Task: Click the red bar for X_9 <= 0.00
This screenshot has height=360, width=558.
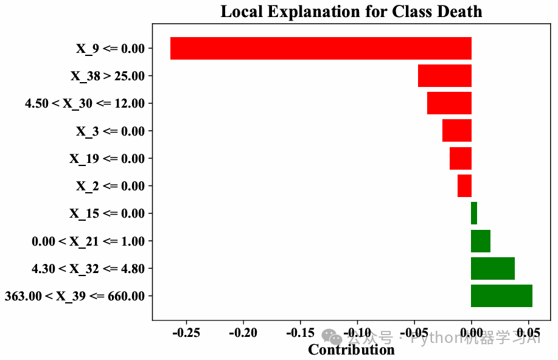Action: pyautogui.click(x=321, y=49)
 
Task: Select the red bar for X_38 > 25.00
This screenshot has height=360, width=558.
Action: pyautogui.click(x=445, y=76)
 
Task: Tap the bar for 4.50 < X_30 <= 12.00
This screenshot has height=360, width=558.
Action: pyautogui.click(x=449, y=103)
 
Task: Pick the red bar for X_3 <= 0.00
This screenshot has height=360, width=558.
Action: pyautogui.click(x=457, y=131)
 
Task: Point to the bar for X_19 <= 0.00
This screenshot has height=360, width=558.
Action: pyautogui.click(x=461, y=159)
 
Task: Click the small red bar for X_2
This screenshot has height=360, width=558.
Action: pyautogui.click(x=464, y=186)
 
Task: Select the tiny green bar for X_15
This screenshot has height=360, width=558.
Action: pyautogui.click(x=474, y=213)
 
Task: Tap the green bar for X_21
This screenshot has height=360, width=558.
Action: pyautogui.click(x=481, y=241)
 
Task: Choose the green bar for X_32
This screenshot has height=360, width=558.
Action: pyautogui.click(x=493, y=268)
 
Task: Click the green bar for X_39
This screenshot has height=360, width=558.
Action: pyautogui.click(x=501, y=296)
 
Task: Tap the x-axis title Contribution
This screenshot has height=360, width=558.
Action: pyautogui.click(x=351, y=350)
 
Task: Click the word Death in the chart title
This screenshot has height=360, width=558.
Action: pyautogui.click(x=461, y=12)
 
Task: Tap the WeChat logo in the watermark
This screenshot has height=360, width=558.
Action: pyautogui.click(x=332, y=336)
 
